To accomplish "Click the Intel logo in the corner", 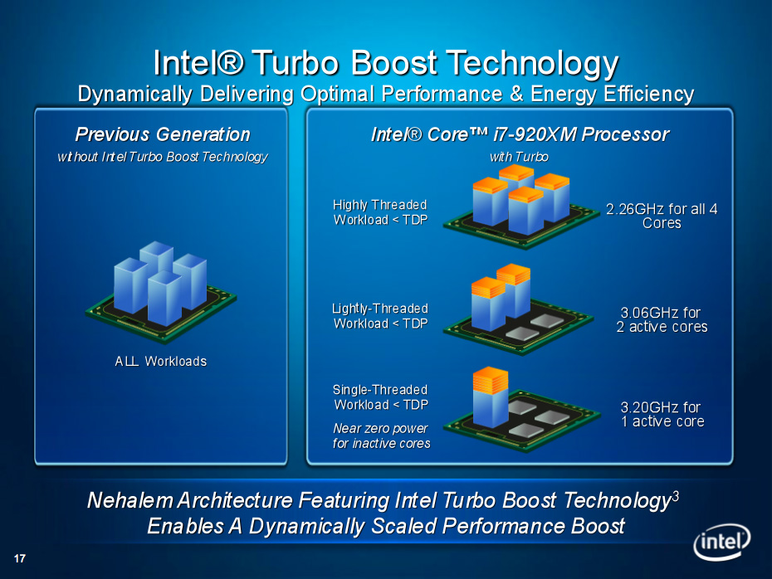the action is coord(722,542).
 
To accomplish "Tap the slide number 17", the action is coord(20,558).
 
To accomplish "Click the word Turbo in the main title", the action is coord(297,63).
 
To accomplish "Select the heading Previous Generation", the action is coord(163,134).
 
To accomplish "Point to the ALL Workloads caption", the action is coord(160,361).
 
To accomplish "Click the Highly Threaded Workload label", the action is coord(379,212).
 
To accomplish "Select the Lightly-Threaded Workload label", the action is coord(379,316).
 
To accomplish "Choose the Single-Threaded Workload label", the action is coord(380,397).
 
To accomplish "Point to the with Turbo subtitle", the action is coord(519,157).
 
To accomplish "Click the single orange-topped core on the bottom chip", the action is coord(491,397).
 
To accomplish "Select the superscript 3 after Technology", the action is coord(676,496).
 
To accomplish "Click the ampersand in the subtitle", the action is coord(516,94).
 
